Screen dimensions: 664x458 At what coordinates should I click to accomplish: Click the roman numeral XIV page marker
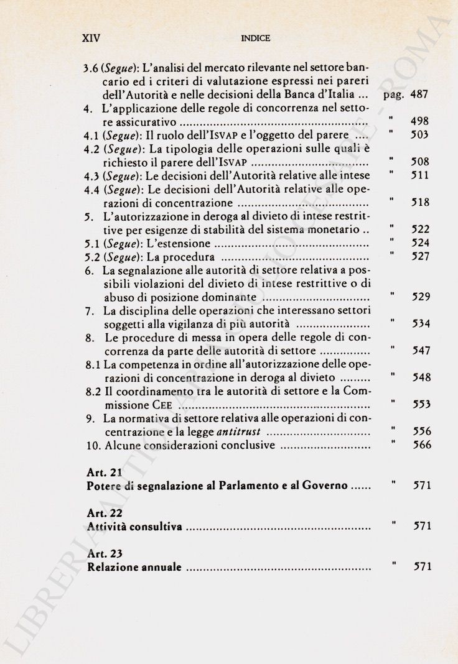(92, 37)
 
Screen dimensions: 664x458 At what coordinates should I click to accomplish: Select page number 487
(421, 95)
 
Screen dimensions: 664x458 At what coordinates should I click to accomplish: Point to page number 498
(421, 122)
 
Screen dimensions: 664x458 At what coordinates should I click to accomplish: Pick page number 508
(421, 162)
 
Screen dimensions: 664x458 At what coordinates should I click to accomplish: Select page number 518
(421, 203)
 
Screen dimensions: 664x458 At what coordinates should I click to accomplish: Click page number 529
(421, 297)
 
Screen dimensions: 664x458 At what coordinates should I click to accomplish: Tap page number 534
(421, 323)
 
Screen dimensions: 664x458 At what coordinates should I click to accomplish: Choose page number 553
(421, 404)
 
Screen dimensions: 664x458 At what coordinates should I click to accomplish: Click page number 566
(421, 445)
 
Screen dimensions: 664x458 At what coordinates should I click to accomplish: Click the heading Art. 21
(103, 472)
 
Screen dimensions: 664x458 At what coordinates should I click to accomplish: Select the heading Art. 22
(103, 513)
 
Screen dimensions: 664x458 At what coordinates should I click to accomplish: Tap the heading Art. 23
(103, 553)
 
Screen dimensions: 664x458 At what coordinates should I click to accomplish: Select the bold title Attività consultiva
(134, 527)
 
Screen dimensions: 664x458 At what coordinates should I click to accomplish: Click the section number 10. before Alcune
(91, 445)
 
